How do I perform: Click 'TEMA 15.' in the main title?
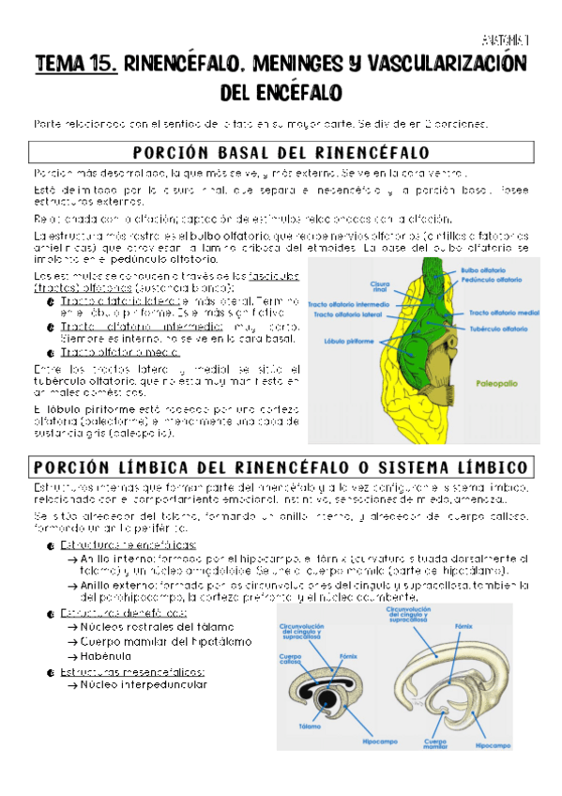click(75, 65)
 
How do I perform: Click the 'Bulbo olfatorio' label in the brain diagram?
click(482, 269)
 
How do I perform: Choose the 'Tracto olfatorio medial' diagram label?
click(502, 312)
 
